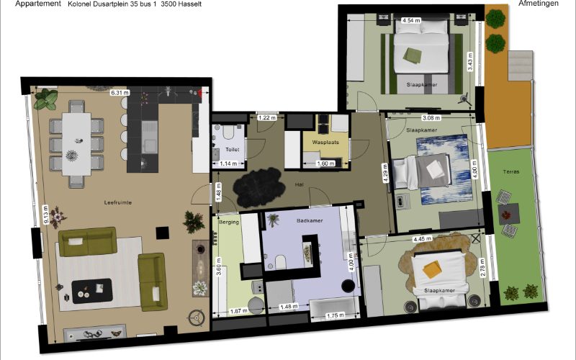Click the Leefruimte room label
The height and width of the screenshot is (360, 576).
pos(117,202)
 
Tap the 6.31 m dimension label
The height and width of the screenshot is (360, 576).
pos(120,93)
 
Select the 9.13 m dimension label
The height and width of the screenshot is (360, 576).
pos(46,215)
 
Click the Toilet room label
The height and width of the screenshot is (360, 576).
pos(232,150)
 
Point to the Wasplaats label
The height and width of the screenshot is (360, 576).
pos(325,142)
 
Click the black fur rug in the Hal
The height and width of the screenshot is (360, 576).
pos(259,187)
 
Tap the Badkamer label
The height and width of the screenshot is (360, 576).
pos(310,221)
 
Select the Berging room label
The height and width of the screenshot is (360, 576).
pos(229,222)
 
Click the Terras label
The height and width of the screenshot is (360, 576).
pos(511,171)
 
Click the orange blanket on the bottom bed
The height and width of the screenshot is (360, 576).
pos(432,269)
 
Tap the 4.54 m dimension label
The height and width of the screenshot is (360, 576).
pos(411,21)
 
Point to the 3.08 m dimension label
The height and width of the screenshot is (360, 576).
pos(431,118)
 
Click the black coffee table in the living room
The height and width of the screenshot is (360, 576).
pos(92,291)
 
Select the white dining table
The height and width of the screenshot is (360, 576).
pos(76,144)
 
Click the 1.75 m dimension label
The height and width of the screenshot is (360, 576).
pos(336,315)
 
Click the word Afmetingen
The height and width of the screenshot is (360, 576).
pos(539,4)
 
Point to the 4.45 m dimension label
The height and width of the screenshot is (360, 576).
pos(422,239)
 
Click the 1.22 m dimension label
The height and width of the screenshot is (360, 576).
pos(266,118)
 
